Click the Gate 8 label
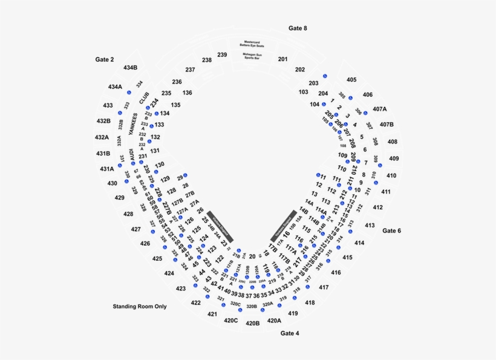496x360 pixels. point(298,28)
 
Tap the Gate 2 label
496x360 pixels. point(105,59)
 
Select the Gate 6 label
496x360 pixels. point(392,231)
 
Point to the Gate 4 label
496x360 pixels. point(290,333)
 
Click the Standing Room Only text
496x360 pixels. point(140,307)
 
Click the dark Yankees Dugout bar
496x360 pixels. point(284,226)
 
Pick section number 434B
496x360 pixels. point(130,68)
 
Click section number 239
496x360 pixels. point(222,55)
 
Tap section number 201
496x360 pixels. point(282,59)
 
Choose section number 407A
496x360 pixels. point(380,110)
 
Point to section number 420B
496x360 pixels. point(253,324)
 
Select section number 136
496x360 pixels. point(188,93)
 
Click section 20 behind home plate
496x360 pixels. point(252,257)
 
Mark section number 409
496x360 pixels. point(394,159)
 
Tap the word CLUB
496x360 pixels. point(143,98)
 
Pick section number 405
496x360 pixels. point(351,80)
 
